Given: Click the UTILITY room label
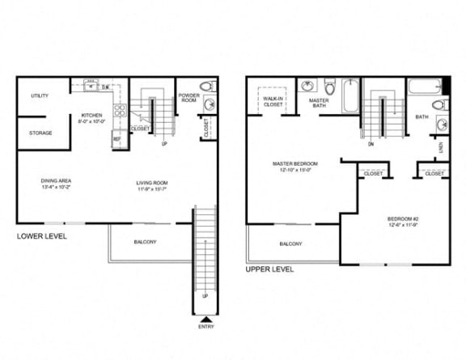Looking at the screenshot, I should tap(40, 95).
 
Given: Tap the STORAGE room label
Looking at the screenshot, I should tap(40, 133).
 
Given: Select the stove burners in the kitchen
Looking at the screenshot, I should tap(120, 112).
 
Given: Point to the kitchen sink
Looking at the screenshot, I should tap(91, 83).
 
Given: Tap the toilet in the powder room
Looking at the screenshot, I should tap(206, 86).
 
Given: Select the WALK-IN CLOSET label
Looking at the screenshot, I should tap(272, 101).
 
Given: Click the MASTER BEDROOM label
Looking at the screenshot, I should tap(294, 166).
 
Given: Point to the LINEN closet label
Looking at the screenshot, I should tap(441, 148).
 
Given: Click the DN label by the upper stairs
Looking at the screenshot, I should tap(371, 145).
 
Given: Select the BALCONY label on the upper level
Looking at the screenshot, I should tap(290, 244).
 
